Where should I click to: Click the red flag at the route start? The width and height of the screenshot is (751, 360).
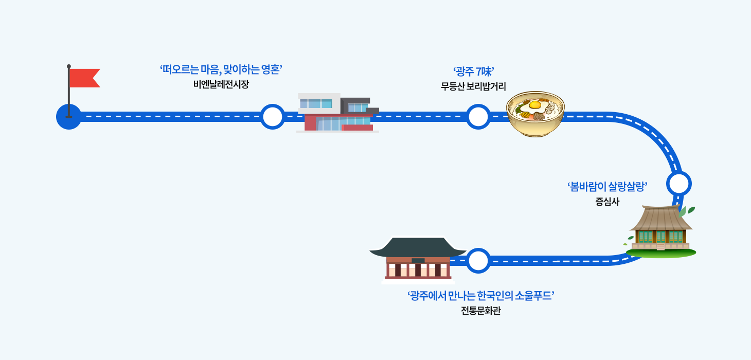[84, 78]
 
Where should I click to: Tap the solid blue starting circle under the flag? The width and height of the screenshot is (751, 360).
[68, 117]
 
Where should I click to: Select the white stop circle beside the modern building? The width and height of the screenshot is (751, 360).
[272, 117]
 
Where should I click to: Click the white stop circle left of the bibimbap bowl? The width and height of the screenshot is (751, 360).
[478, 117]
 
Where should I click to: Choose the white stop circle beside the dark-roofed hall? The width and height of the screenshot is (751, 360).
[478, 261]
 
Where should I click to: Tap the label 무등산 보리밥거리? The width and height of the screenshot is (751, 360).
[473, 86]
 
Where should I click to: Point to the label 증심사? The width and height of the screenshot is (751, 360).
[607, 202]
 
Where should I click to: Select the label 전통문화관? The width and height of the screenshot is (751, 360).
[480, 311]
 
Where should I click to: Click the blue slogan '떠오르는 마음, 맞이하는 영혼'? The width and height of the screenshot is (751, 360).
[221, 70]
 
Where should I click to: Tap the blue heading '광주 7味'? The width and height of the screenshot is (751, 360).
[473, 71]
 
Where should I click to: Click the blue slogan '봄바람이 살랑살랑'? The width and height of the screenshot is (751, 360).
[606, 187]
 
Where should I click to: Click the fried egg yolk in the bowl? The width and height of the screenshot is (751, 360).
[535, 105]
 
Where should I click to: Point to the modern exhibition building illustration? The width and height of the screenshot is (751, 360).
[338, 113]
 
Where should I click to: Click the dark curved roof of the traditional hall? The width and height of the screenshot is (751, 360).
[418, 247]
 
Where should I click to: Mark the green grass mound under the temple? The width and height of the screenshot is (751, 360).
[661, 253]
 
